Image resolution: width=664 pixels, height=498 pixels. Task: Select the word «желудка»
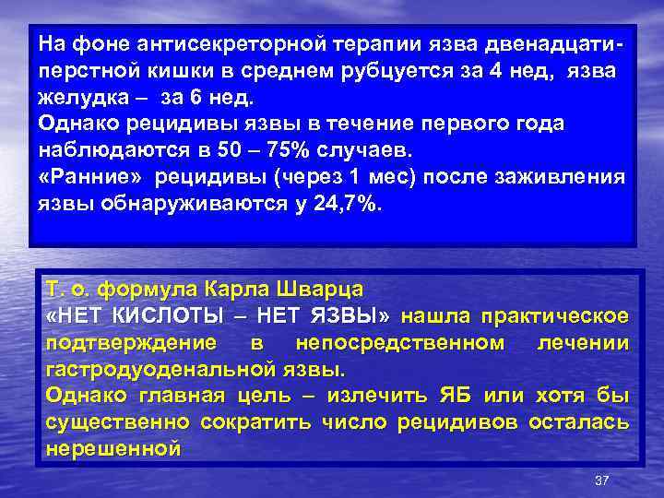pyautogui.click(x=78, y=99)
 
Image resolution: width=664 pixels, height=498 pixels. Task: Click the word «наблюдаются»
pyautogui.click(x=102, y=150)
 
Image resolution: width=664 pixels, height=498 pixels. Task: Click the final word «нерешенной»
pyautogui.click(x=112, y=449)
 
